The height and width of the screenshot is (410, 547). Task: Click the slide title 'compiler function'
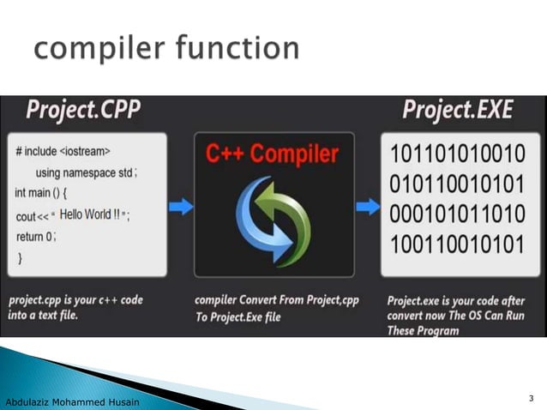167,48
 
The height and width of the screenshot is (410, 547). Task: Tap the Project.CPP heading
83,111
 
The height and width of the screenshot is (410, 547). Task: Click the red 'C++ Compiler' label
273,154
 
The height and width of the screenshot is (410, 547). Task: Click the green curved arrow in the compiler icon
292,214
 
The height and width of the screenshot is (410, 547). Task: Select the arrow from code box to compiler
180,206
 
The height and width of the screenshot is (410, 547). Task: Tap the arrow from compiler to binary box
368,206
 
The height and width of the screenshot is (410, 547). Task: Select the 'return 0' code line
36,236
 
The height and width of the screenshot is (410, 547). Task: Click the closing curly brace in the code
20,256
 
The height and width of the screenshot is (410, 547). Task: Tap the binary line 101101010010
456,155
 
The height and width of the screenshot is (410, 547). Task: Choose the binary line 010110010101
456,184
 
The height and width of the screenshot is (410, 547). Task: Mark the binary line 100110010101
456,244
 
